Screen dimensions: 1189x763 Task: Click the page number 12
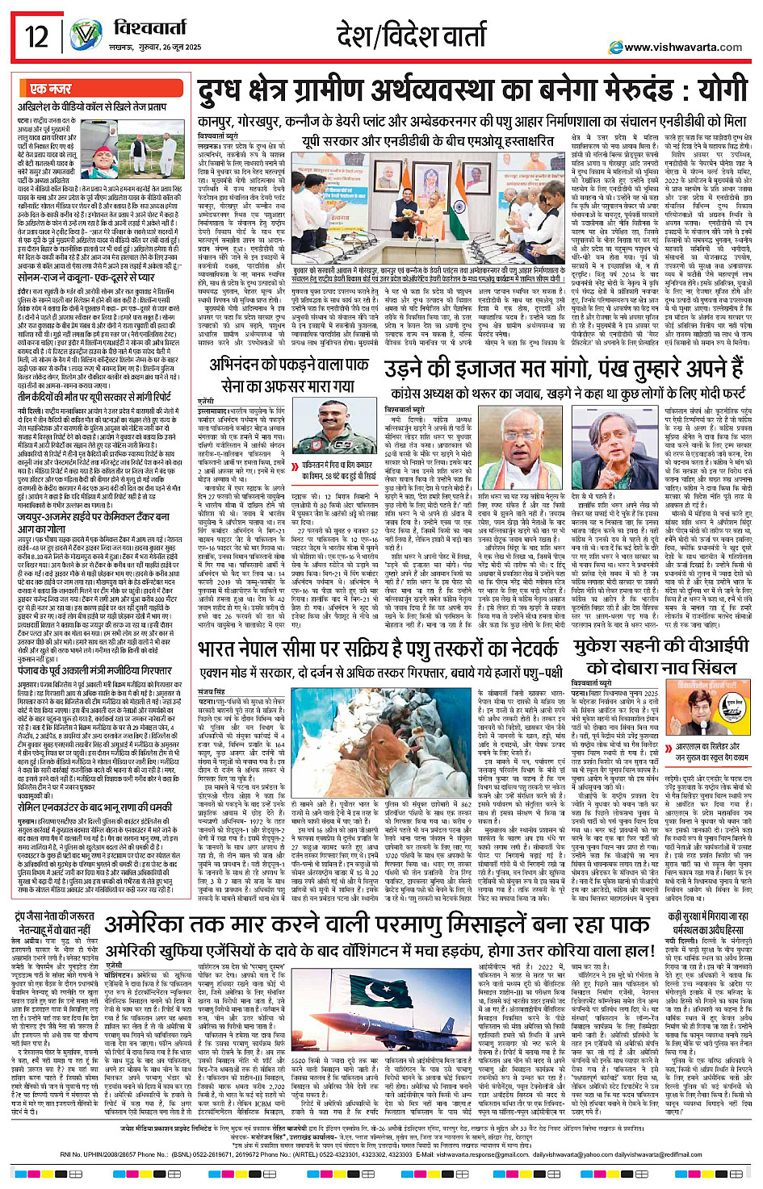pos(36,36)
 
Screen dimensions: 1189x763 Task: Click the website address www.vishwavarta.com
pos(682,48)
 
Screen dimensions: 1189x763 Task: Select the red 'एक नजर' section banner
pos(50,89)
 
